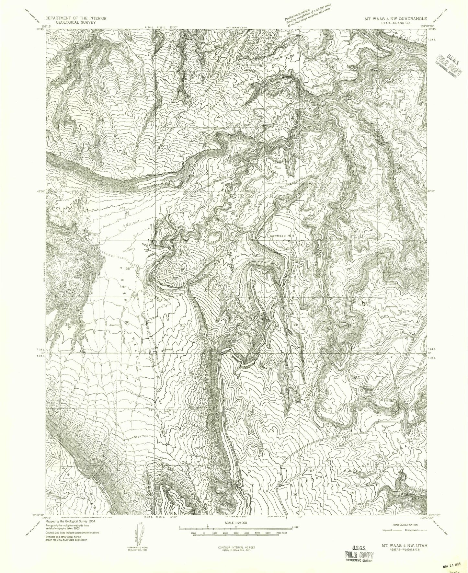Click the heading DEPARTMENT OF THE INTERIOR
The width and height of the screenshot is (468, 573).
76,18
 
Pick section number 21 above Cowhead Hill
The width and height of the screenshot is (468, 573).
288,212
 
